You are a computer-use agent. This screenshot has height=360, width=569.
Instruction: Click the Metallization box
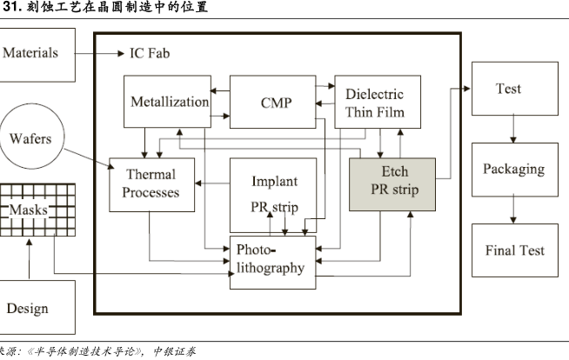coord(169,102)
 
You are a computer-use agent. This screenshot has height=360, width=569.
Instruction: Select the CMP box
coord(276,102)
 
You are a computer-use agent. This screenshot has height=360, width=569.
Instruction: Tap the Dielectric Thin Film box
coord(374,102)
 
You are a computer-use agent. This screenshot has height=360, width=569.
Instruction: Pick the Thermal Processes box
coord(151,183)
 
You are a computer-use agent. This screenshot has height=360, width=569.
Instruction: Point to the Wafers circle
coord(30,139)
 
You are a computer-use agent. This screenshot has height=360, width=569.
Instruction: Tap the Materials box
coord(30,54)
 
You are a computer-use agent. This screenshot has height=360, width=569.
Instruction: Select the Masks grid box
coord(30,210)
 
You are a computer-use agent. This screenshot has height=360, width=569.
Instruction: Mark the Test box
coord(508,89)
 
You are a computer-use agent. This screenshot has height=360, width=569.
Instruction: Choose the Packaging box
coord(513,169)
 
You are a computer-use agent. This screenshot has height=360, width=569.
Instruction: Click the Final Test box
coord(514,250)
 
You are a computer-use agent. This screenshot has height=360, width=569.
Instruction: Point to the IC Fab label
coord(149,53)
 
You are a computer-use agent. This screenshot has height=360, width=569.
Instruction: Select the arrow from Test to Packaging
coord(514,128)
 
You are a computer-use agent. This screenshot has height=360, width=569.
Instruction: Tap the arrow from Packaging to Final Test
coord(514,209)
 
